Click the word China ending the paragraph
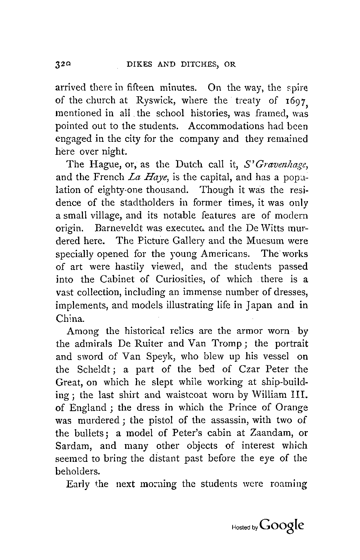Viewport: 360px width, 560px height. pyautogui.click(x=67, y=318)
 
